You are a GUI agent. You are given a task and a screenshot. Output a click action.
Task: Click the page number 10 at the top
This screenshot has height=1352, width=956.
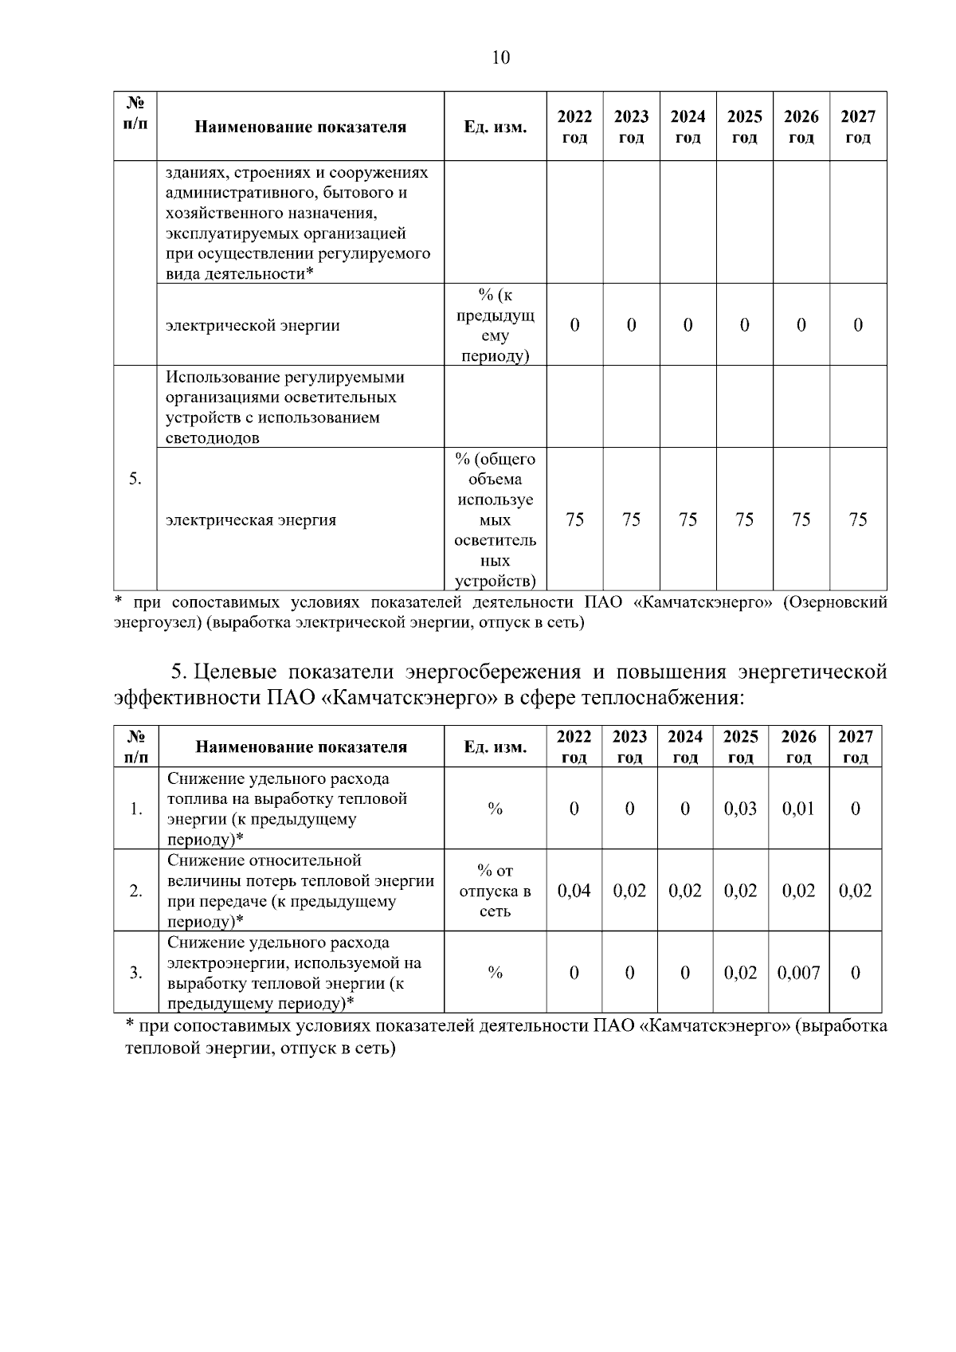coord(501,57)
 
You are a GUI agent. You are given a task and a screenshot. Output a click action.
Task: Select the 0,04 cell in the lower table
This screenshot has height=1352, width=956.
coord(574,891)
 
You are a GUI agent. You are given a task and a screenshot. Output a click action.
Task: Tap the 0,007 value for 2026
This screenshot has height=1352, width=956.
coord(798,973)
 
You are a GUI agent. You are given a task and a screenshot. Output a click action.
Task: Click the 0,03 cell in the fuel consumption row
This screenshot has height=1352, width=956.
coord(740,809)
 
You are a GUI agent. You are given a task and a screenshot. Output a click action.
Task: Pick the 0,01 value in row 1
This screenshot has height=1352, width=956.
coord(798,809)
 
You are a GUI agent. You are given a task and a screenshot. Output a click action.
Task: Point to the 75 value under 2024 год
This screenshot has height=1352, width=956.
coord(688,519)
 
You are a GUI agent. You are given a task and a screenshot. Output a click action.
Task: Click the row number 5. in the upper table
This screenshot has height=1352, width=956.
coord(135,478)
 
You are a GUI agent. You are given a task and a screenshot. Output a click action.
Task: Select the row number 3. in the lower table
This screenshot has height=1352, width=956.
coord(135,973)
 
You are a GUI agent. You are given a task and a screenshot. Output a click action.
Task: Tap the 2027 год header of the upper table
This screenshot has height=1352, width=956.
coord(858,127)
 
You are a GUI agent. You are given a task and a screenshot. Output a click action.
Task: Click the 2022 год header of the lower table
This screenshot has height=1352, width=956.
coord(574,747)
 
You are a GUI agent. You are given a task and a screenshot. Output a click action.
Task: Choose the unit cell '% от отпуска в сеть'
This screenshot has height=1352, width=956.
coord(495,891)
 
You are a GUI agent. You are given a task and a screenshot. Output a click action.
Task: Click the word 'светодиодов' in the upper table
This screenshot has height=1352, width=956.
coord(213,438)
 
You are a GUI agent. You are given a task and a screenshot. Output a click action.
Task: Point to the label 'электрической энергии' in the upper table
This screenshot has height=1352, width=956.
coord(253,325)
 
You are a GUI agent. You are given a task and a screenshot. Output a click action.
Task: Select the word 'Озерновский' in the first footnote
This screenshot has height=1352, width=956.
coord(835,602)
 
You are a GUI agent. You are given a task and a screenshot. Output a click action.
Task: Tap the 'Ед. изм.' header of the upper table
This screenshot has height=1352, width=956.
coord(495,127)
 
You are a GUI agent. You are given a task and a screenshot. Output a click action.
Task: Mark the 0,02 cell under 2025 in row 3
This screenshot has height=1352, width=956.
coord(740,973)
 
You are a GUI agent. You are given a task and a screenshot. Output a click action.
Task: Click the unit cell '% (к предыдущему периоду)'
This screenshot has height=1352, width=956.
coord(495,325)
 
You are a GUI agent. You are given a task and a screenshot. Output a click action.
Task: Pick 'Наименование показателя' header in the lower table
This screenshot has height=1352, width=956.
coord(300,747)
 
